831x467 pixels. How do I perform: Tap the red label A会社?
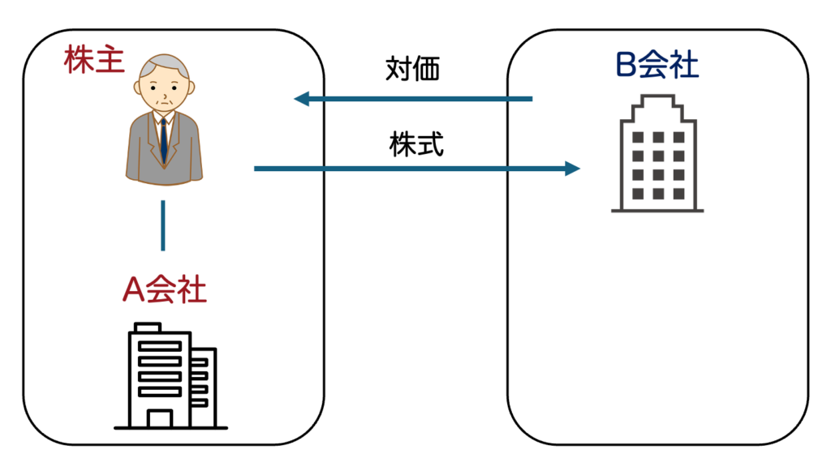pyautogui.click(x=164, y=289)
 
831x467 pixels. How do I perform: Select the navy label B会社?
pyautogui.click(x=657, y=66)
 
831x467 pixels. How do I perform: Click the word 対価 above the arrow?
pyautogui.click(x=412, y=70)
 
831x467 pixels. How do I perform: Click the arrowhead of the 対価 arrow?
pyautogui.click(x=300, y=100)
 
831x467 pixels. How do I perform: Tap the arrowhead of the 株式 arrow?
pyautogui.click(x=573, y=169)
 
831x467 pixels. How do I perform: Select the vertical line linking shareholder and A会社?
pyautogui.click(x=163, y=225)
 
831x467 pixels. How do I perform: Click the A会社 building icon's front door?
pyautogui.click(x=160, y=418)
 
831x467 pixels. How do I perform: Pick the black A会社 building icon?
pyautogui.click(x=170, y=377)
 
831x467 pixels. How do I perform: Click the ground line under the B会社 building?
pyautogui.click(x=657, y=211)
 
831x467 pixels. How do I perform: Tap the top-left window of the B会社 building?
pyautogui.click(x=638, y=137)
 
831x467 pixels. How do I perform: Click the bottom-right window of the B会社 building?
pyautogui.click(x=677, y=194)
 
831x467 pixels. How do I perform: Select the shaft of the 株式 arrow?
pyautogui.click(x=406, y=169)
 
